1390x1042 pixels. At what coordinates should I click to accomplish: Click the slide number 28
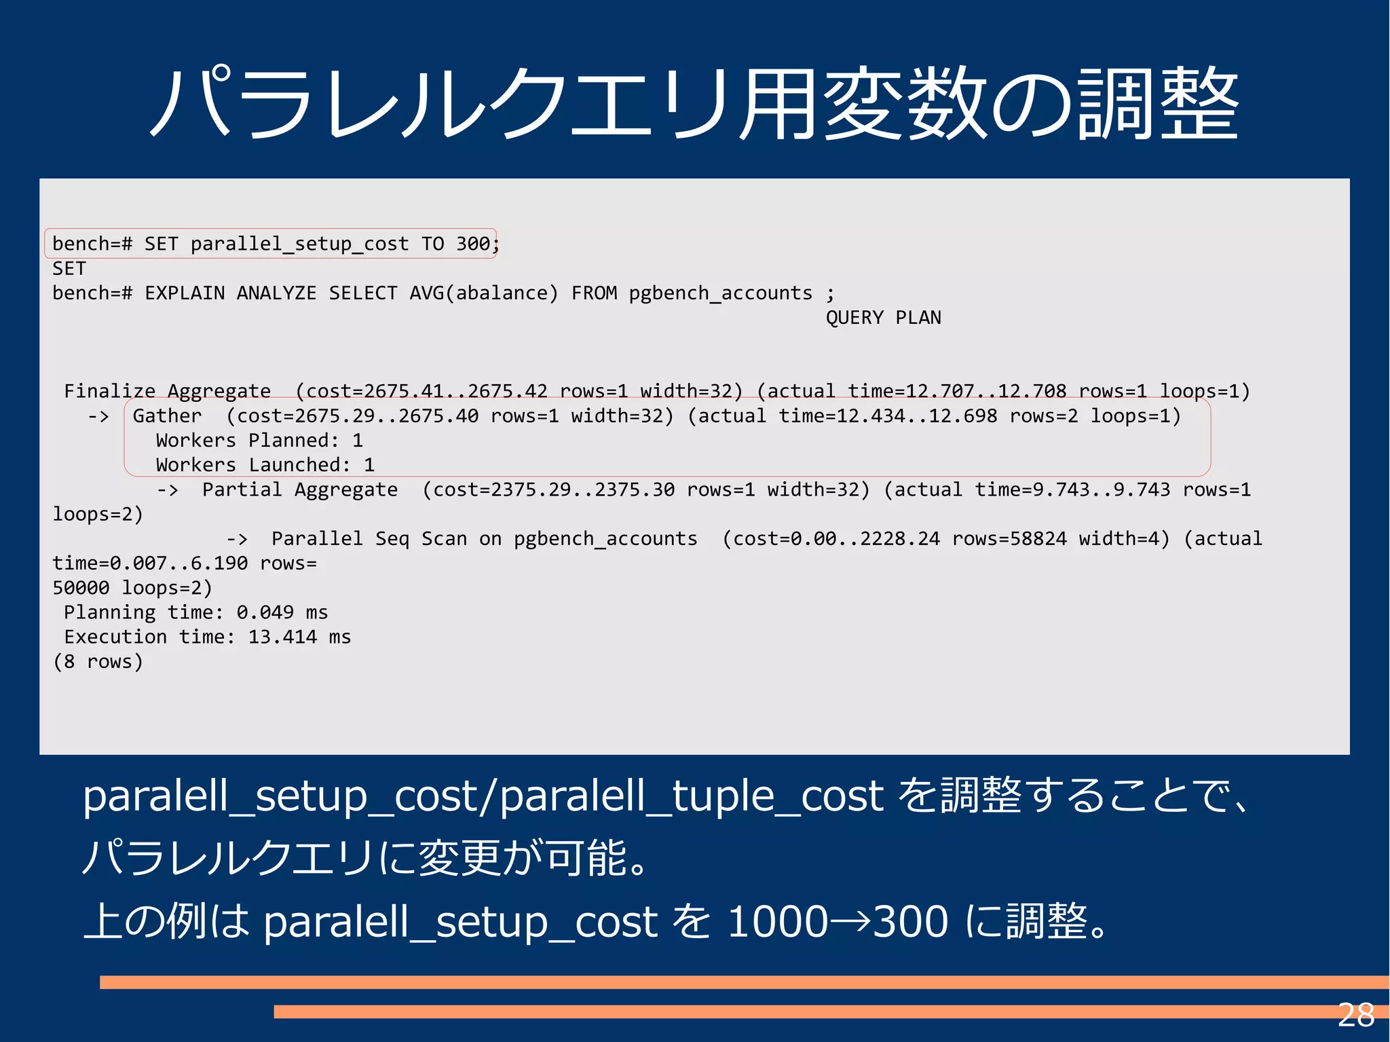pos(1355,1016)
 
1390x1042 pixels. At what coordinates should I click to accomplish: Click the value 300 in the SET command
pos(472,244)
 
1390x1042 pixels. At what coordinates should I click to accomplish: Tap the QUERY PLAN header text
pos(883,318)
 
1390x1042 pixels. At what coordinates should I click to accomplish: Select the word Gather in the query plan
pos(167,415)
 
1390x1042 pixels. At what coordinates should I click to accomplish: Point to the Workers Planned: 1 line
pos(259,441)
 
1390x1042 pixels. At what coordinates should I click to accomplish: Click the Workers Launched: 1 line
pos(265,465)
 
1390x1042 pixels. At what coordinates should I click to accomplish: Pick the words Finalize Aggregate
pos(167,391)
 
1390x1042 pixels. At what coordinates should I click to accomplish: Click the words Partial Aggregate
pos(299,489)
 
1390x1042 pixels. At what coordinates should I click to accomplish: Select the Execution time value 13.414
pos(282,637)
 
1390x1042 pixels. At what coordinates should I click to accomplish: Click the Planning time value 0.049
pos(265,613)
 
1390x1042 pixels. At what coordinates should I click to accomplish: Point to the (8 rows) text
pos(98,662)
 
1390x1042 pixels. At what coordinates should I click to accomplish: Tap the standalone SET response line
pos(69,269)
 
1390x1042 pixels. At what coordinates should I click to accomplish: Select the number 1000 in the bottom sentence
pos(778,922)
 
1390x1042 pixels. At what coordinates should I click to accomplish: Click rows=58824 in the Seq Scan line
pos(1009,539)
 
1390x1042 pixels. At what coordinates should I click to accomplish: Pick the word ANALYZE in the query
pos(276,293)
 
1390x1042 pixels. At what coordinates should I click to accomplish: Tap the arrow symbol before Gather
pos(98,416)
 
